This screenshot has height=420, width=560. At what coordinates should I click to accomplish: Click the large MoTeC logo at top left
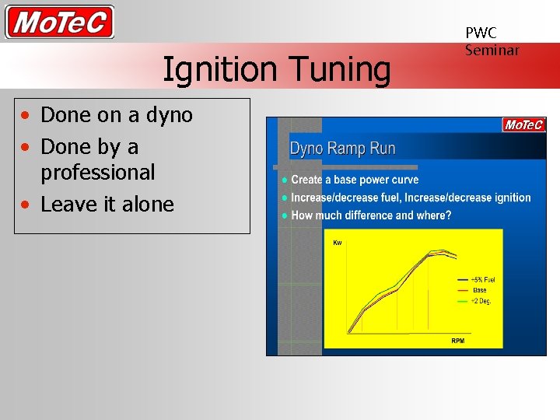pos(60,22)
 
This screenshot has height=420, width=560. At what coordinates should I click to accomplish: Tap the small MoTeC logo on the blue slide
pos(523,125)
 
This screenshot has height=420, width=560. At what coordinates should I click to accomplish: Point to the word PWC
pos(481,33)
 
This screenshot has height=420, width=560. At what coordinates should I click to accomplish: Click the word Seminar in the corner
pos(492,50)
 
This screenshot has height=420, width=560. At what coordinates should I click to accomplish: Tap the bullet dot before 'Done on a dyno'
pos(26,116)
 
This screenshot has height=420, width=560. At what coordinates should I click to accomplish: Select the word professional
pos(98,172)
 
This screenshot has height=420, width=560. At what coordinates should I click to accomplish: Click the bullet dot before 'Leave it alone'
pos(26,205)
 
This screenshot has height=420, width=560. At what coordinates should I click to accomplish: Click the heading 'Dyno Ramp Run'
pos(342,149)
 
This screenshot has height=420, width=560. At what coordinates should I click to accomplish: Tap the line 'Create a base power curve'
pos(355,180)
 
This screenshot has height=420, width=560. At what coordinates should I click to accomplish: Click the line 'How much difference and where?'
pos(371,215)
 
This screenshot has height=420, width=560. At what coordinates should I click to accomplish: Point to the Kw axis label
pos(338,243)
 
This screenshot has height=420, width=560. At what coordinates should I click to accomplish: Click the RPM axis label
pos(458,341)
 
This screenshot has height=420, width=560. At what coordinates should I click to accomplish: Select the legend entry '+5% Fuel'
pos(482,279)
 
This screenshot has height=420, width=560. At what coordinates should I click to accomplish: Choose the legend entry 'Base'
pos(479,290)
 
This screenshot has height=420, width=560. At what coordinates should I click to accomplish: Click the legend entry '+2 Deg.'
pos(481,300)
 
